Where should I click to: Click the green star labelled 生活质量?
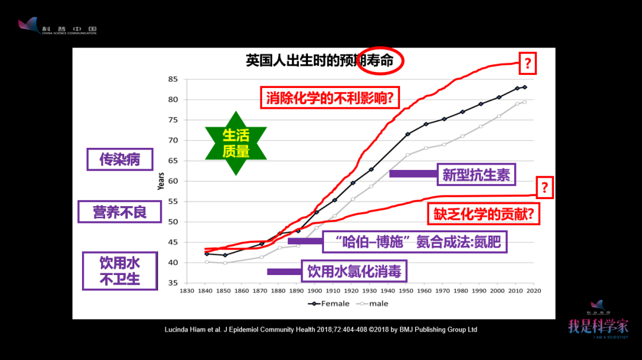235,143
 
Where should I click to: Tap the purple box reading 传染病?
119,159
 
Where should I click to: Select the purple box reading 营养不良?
119,211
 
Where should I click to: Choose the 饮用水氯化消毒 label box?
354,272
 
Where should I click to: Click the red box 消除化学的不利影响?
330,97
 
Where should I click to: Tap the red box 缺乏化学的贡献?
484,214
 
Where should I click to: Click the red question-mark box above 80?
527,64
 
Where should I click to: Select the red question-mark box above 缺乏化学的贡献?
545,188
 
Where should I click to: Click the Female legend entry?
329,304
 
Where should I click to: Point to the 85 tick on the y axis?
173,79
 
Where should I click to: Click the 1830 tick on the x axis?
188,291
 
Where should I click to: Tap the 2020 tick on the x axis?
533,291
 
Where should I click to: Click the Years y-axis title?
161,181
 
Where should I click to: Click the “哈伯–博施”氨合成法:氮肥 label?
415,242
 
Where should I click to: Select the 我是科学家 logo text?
597,326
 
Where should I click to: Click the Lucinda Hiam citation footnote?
321,329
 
